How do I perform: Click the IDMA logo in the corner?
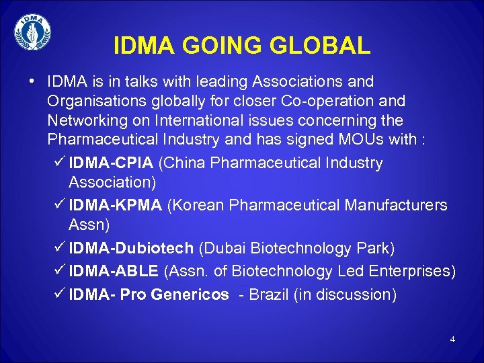click(x=32, y=33)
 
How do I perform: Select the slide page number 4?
click(x=452, y=339)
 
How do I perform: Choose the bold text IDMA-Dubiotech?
click(x=131, y=248)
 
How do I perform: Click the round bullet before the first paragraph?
click(x=32, y=82)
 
